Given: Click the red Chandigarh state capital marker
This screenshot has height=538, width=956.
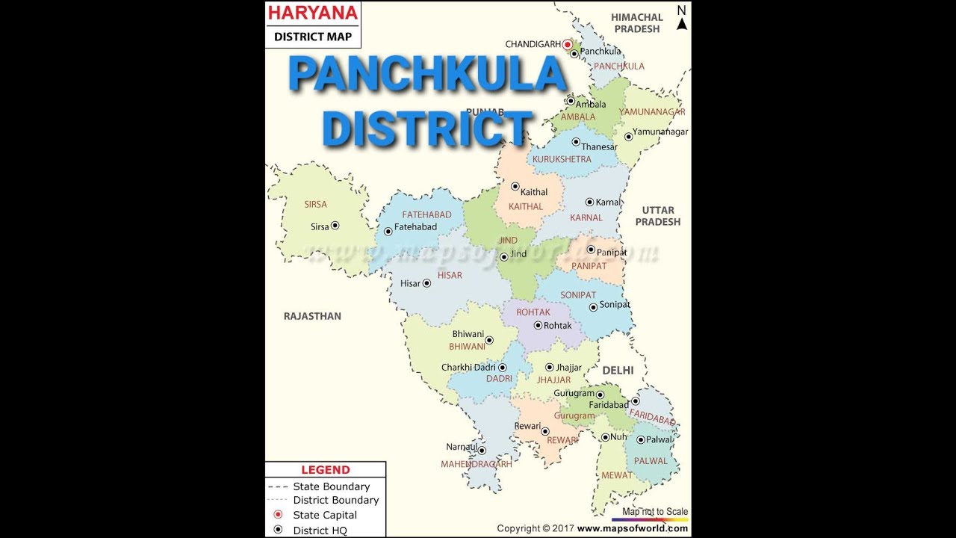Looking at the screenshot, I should [x=567, y=45].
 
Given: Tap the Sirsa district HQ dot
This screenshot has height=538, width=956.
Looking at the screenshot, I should [x=335, y=225].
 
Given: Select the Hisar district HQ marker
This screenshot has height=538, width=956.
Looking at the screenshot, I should [x=426, y=283].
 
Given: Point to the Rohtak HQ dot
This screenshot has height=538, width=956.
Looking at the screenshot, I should [x=538, y=325].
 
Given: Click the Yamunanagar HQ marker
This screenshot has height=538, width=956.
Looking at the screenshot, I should [x=628, y=137].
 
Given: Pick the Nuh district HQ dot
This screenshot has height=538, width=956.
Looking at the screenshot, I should [x=605, y=437].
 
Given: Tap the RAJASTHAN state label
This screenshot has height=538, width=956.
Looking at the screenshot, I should [x=312, y=316].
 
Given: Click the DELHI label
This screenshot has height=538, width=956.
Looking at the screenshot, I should [x=618, y=370].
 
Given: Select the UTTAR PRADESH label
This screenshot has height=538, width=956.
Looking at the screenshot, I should [x=657, y=216].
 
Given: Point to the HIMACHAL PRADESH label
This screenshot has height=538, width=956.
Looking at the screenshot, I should [x=636, y=23].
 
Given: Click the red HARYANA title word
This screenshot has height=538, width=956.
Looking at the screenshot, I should [x=313, y=13].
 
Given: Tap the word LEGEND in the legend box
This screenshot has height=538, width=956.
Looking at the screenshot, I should [x=325, y=470].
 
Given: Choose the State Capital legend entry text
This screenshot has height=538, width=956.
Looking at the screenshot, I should [x=325, y=515].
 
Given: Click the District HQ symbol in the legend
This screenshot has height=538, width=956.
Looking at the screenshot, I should [x=277, y=530].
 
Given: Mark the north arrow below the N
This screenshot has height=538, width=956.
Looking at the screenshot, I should [x=681, y=24].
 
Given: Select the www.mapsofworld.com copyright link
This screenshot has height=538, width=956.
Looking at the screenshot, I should [x=632, y=528].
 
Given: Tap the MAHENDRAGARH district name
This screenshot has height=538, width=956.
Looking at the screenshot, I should [x=476, y=464].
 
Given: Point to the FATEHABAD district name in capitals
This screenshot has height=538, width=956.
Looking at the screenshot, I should [x=426, y=214].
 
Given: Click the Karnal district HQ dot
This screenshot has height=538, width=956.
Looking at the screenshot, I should [x=589, y=202].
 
